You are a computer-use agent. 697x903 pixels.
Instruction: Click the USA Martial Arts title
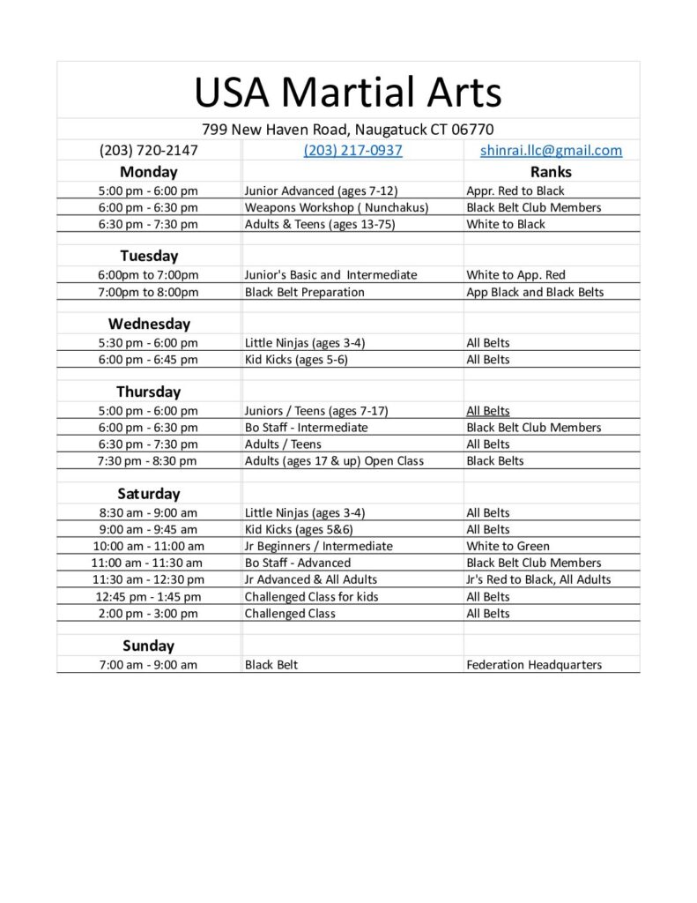coord(348,92)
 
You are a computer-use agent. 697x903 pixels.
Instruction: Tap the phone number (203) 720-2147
coord(149,150)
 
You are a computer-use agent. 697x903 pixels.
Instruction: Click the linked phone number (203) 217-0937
coord(352,150)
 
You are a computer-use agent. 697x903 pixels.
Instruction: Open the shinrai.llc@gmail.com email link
coord(551,150)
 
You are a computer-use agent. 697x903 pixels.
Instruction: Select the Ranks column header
coord(551,172)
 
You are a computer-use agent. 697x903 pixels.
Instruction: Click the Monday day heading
coord(149,172)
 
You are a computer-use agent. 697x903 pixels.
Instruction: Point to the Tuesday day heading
coord(149,256)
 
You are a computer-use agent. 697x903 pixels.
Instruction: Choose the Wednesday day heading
coord(149,324)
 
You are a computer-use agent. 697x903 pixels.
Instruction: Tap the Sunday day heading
coord(149,646)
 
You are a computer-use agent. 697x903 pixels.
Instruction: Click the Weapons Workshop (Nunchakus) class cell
coord(337,207)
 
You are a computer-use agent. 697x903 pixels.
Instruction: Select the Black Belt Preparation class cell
coord(305,292)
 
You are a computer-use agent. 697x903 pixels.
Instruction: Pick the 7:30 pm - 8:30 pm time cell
coord(149,460)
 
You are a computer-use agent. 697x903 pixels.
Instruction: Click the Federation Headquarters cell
coord(534,665)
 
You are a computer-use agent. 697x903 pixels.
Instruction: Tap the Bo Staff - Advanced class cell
coord(298,563)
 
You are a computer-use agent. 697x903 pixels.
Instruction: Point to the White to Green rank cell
coord(508,546)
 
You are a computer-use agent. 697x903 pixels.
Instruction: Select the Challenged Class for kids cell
coord(312,596)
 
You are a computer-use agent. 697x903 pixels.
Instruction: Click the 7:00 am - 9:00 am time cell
coord(149,665)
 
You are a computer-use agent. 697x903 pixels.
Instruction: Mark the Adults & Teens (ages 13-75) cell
coord(320,224)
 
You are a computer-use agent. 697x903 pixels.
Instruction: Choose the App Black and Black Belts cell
coord(535,292)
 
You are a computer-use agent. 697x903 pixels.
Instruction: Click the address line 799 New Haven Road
coord(348,129)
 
